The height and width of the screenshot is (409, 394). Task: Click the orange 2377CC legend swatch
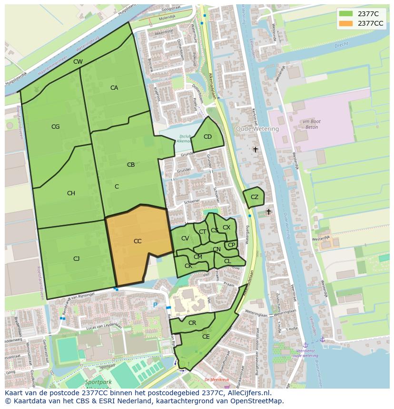tap(346, 23)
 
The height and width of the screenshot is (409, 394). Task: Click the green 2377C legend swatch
tap(346, 14)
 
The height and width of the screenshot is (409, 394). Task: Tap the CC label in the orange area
tap(138, 241)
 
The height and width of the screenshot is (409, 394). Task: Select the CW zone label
tap(78, 62)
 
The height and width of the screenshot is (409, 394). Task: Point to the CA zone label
tap(114, 88)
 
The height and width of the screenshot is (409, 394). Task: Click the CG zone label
tap(56, 127)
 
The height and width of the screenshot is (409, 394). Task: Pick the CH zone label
tap(71, 193)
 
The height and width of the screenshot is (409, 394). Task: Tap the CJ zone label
tap(76, 259)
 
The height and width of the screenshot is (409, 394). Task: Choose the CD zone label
tap(207, 137)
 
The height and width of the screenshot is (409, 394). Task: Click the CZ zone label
tap(255, 197)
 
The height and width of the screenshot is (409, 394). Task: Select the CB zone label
tap(131, 165)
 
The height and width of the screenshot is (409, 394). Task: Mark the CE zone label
tap(206, 337)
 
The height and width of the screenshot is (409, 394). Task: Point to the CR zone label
tap(192, 323)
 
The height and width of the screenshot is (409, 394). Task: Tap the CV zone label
tap(185, 238)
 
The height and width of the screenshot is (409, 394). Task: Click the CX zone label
tap(227, 228)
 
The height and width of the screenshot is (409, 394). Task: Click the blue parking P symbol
tap(155, 304)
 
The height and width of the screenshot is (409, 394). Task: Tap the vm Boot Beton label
tap(312, 125)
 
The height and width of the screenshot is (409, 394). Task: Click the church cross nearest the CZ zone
tap(268, 212)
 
